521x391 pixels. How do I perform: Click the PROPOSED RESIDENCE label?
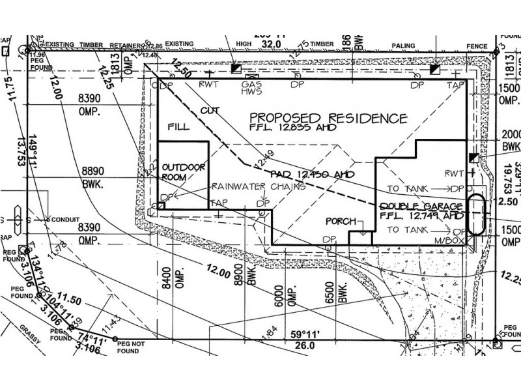click(x=329, y=119)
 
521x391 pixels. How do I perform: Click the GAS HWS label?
click(x=252, y=89)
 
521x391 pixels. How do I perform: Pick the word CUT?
click(x=210, y=111)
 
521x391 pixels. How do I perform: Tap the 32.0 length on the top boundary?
click(x=270, y=44)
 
